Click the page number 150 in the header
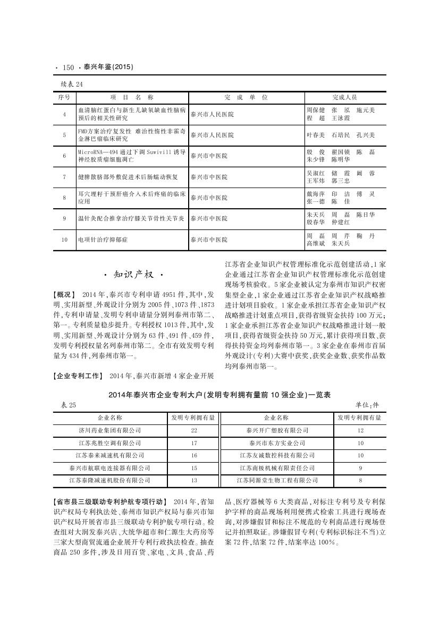pos(67,67)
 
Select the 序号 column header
pos(64,98)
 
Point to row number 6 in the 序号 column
pos(64,156)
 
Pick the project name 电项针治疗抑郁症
pos(103,240)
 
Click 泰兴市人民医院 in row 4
pos(212,114)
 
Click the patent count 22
pos(194,430)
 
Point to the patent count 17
pos(194,443)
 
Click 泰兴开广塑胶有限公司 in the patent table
pos(277,430)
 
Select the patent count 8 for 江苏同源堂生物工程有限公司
pos(360,480)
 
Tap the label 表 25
pos(68,405)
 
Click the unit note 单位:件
pos(368,405)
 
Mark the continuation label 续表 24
pos(72,84)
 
